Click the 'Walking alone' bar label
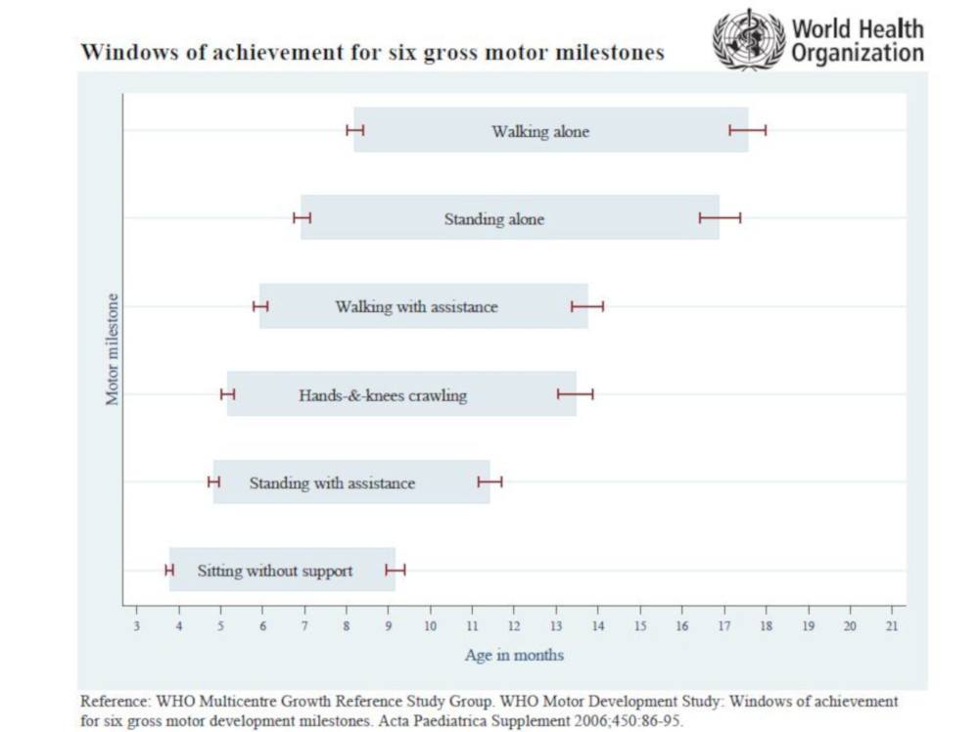click(540, 131)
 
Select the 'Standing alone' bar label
click(493, 219)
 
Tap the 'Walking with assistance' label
click(416, 307)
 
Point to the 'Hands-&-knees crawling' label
click(383, 395)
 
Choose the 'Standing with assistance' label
click(332, 483)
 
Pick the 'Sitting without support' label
click(275, 571)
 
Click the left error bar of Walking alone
click(355, 130)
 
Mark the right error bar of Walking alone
click(748, 130)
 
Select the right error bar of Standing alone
click(720, 217)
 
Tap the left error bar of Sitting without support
click(169, 570)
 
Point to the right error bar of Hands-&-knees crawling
click(576, 394)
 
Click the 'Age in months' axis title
click(514, 655)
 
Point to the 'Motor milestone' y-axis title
click(113, 349)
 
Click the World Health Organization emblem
click(749, 39)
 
